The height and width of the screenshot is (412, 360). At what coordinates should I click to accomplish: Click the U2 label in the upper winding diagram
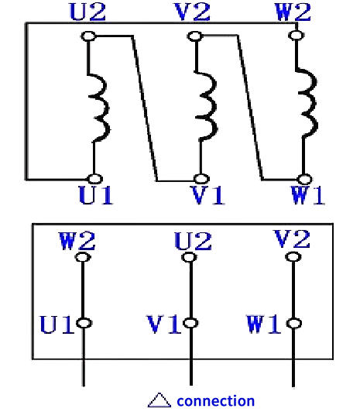point(87,12)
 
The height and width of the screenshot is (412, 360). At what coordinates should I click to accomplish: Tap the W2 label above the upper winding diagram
point(293,12)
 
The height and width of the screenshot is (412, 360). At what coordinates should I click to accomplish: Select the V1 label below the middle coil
point(207,194)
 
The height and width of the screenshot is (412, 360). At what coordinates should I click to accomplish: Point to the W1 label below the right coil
point(308,194)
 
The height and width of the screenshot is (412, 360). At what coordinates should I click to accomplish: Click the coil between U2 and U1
point(101,108)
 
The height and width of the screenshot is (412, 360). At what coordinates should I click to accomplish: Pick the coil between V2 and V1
point(209,105)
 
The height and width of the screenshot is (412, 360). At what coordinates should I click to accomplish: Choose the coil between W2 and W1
point(310,103)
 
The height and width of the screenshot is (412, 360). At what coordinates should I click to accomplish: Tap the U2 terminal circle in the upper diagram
point(88,36)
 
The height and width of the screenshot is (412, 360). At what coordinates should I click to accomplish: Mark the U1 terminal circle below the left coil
point(94,179)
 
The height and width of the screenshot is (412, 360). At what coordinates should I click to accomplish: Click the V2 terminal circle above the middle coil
point(195,36)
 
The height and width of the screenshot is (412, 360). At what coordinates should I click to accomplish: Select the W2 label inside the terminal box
point(77,241)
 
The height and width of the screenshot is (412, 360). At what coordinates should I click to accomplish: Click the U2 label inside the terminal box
point(193,241)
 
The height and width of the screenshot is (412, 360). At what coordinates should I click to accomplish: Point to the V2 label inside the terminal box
point(292,239)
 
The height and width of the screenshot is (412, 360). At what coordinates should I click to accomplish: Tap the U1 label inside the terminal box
point(56,324)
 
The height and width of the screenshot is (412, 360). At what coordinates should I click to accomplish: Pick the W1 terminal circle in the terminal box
point(294,323)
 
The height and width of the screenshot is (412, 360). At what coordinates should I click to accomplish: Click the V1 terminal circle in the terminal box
point(190,323)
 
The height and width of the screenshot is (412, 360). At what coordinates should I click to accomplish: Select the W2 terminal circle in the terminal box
point(83,257)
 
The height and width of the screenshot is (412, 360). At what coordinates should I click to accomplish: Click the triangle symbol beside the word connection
point(159,400)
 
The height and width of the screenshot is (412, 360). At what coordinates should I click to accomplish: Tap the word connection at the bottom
point(216,401)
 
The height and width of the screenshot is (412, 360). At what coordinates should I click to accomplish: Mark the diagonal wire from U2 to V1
point(145,108)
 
